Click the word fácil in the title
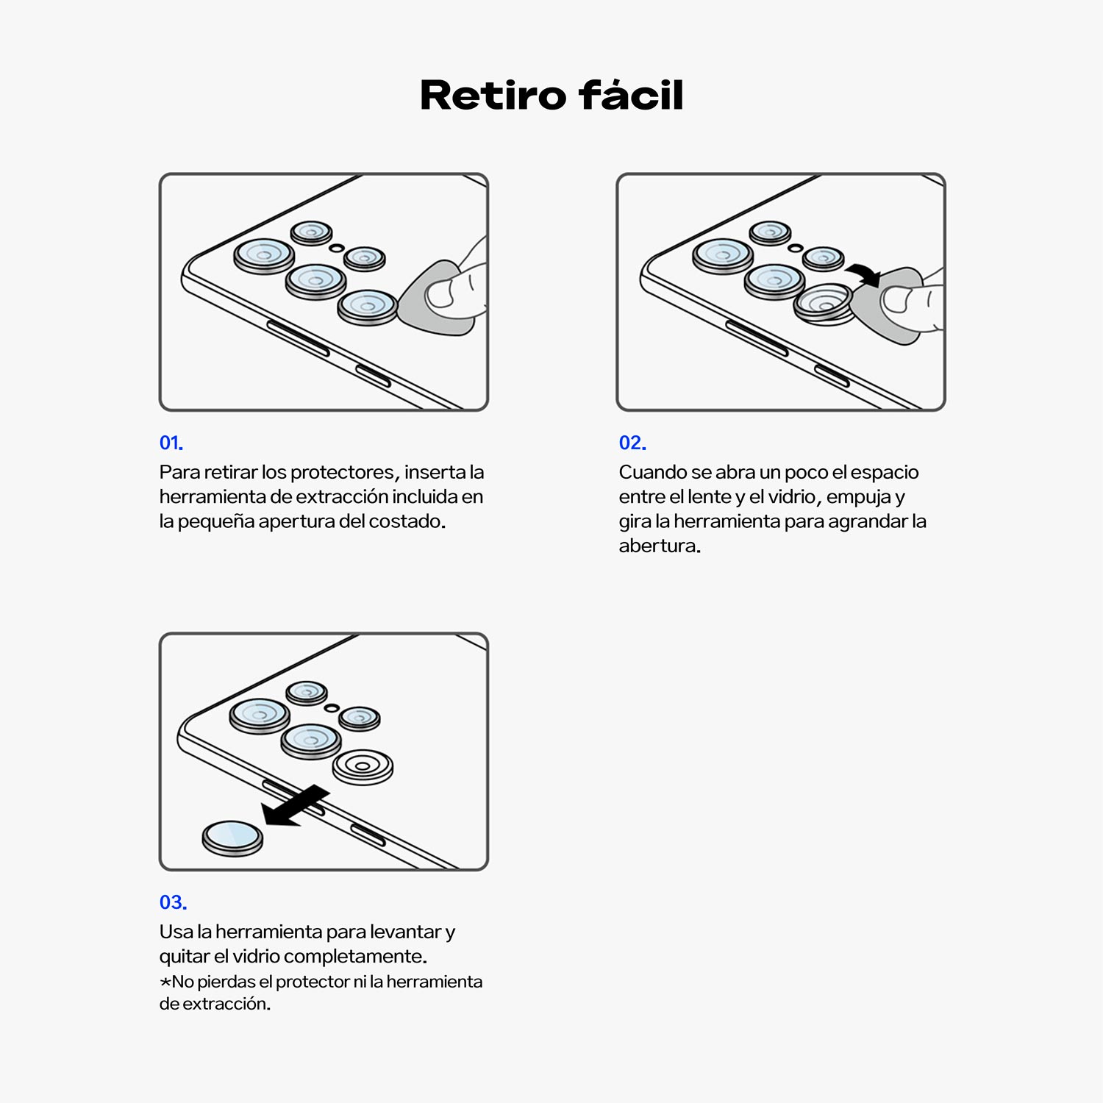point(632,95)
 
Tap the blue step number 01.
point(171,443)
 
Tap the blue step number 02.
point(632,443)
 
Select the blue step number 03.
point(174,902)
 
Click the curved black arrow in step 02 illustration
point(863,273)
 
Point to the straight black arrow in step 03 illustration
point(296,806)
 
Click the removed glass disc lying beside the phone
point(232,838)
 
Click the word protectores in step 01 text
point(344,472)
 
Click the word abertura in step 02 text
point(660,546)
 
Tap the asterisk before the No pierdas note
point(165,982)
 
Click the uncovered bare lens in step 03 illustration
point(363,767)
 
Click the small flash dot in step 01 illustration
point(336,248)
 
